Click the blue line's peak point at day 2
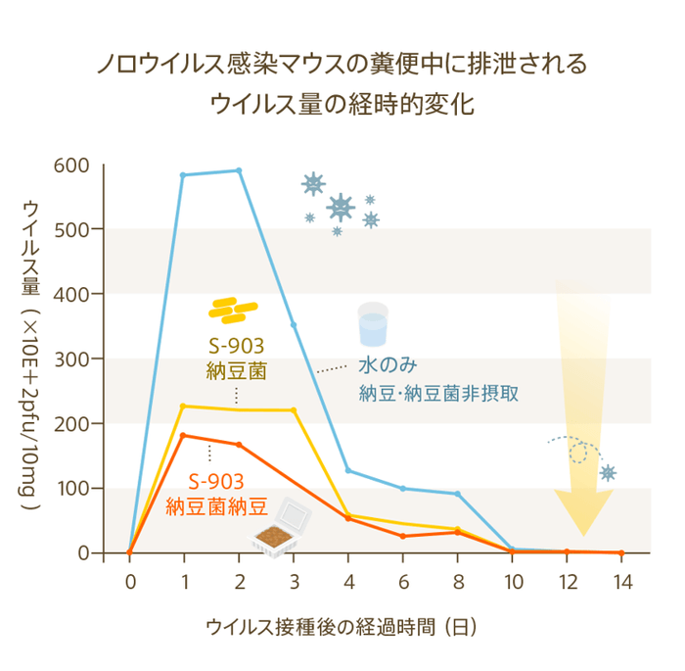[239, 170]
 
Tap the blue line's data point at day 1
[184, 175]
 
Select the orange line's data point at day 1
[184, 435]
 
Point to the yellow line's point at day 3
[294, 409]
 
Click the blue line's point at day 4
[348, 470]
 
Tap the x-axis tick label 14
[620, 580]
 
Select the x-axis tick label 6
[402, 580]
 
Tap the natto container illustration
[281, 530]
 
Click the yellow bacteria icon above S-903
[233, 310]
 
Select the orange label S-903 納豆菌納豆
[216, 494]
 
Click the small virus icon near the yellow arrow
[608, 473]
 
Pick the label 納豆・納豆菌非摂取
[437, 394]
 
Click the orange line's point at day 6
[402, 536]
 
